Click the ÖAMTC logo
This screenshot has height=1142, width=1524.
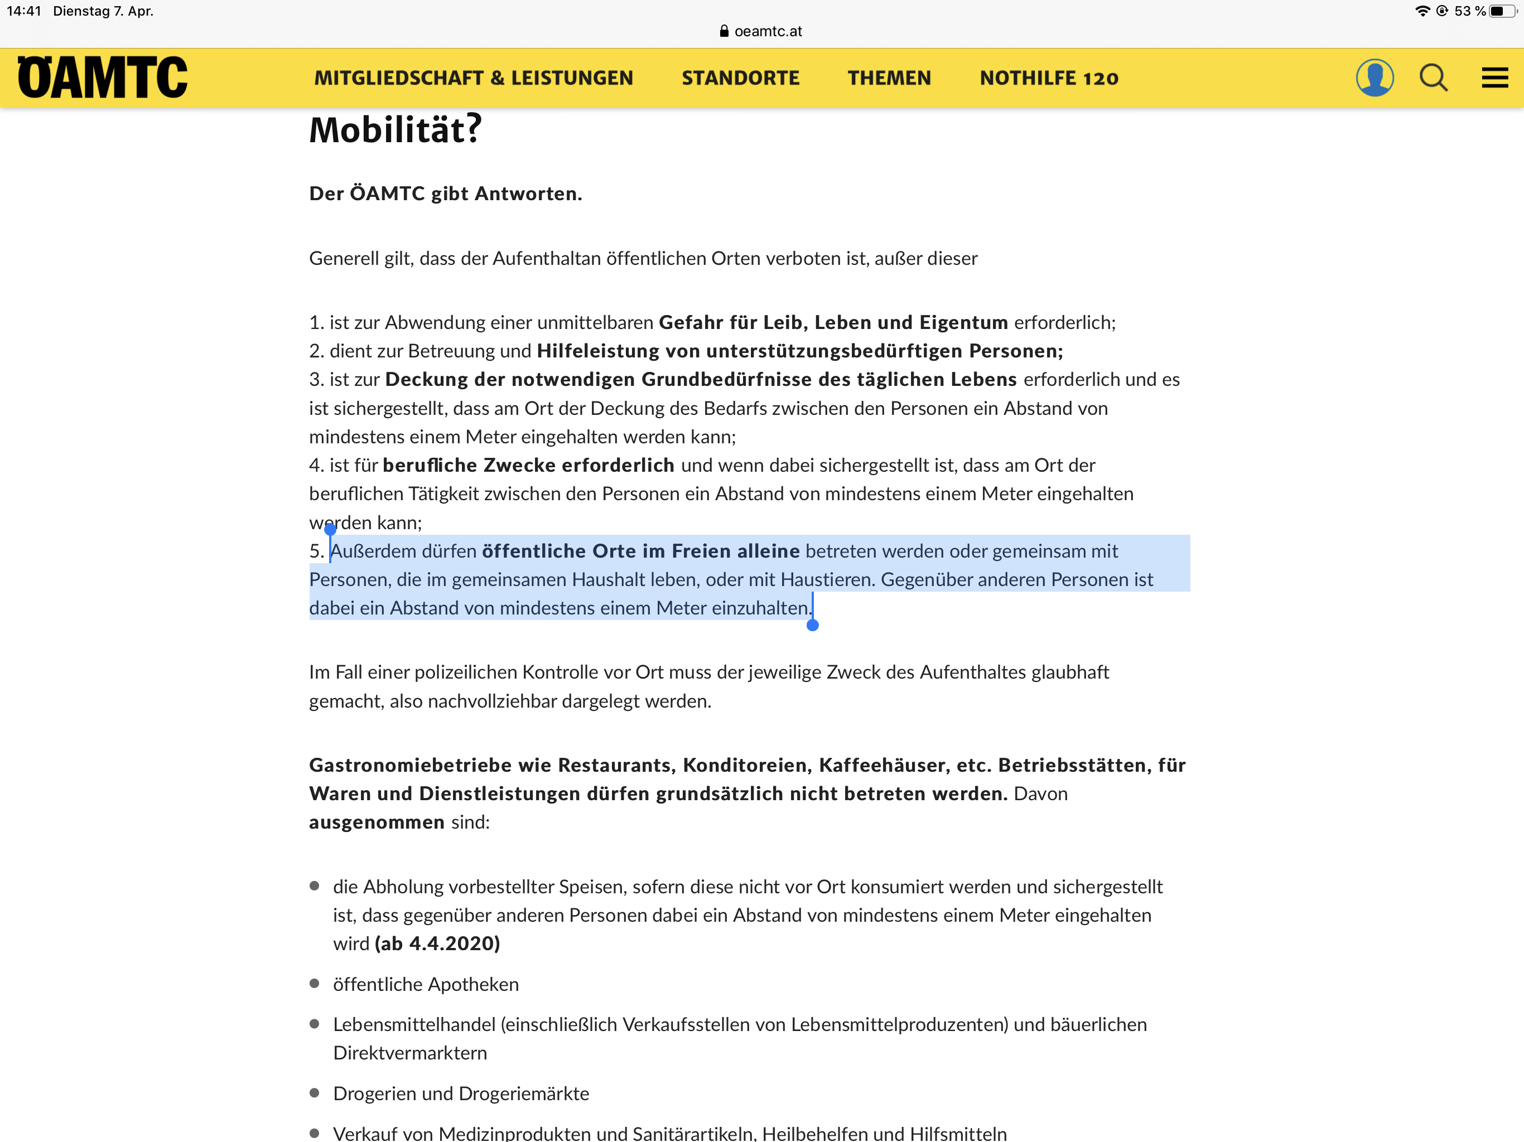[102, 77]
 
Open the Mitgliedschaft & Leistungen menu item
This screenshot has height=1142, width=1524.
[474, 78]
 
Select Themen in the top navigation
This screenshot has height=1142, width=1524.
[889, 78]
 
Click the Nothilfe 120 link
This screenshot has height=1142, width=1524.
[1049, 78]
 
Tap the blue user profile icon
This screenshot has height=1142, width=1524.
[1374, 77]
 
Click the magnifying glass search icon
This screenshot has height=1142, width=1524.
[1433, 77]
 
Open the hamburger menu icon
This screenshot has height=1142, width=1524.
[1494, 77]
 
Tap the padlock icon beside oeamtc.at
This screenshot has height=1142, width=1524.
[724, 31]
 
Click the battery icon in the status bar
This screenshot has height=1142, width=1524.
[1501, 11]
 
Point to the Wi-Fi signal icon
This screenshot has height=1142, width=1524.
[1422, 11]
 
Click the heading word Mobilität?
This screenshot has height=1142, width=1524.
[396, 129]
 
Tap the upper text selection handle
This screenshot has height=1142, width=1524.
[330, 529]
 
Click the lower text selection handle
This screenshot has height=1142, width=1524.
[812, 625]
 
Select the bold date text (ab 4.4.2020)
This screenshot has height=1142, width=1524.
[437, 943]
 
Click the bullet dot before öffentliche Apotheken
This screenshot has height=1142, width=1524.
[315, 984]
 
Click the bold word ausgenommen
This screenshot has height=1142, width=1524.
[376, 822]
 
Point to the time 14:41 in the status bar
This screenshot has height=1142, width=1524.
[24, 11]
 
